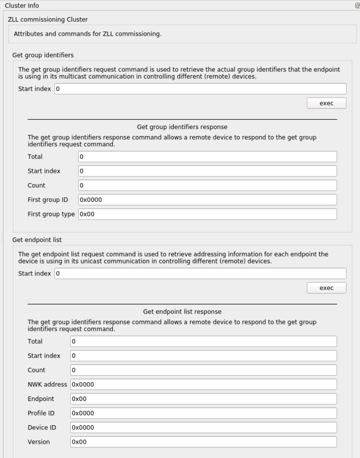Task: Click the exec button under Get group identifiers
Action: [326, 103]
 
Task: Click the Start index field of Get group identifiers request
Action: [200, 89]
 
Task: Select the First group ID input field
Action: [207, 200]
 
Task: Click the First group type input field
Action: [207, 214]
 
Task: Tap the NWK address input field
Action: [203, 385]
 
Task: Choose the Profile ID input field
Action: [203, 413]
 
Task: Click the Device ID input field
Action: [203, 427]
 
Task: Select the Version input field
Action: [203, 442]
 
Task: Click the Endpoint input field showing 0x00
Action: [203, 399]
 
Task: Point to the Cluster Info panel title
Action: [22, 5]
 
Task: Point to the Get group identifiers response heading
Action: [182, 126]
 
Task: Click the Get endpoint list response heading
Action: [182, 311]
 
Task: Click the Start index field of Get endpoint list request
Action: [200, 274]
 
